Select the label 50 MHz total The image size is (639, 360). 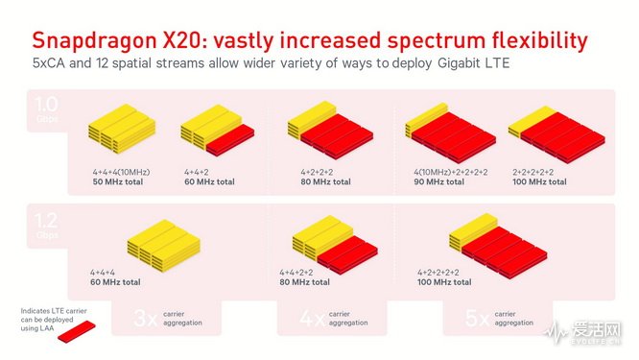(116, 180)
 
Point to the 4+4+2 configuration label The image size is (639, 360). (198, 172)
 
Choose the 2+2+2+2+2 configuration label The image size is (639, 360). (539, 172)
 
